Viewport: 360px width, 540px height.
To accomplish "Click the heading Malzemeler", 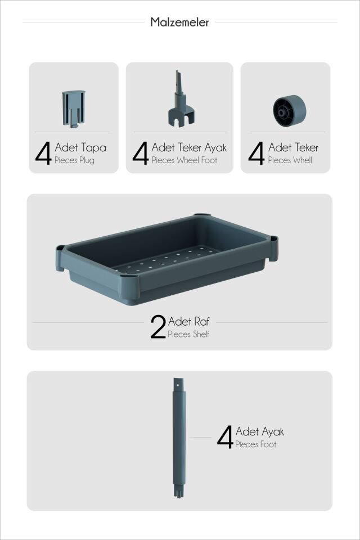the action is click(179, 22).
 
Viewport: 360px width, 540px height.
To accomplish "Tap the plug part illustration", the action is click(73, 109).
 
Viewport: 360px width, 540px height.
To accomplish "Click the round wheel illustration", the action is click(289, 111).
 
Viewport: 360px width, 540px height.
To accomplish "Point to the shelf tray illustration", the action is click(166, 259).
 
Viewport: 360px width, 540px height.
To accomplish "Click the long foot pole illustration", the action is click(179, 438).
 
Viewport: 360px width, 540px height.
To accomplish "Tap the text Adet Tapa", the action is click(80, 148).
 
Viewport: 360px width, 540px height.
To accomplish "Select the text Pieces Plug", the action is click(74, 160).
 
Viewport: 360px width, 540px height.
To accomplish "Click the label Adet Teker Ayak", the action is click(189, 148).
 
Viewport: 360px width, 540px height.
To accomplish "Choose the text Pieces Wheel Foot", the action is click(184, 160).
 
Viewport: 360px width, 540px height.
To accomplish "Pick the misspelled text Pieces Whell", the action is click(290, 160).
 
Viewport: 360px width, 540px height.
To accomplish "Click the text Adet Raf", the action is click(189, 321).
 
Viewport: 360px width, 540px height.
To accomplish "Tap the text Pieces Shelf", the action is click(188, 334).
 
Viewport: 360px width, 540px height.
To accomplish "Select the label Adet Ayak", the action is click(260, 431).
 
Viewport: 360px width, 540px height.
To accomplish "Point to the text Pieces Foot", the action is click(255, 444).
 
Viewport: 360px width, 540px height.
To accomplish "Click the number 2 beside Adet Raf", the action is click(158, 326).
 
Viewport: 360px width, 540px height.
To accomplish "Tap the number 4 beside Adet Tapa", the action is click(43, 153).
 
